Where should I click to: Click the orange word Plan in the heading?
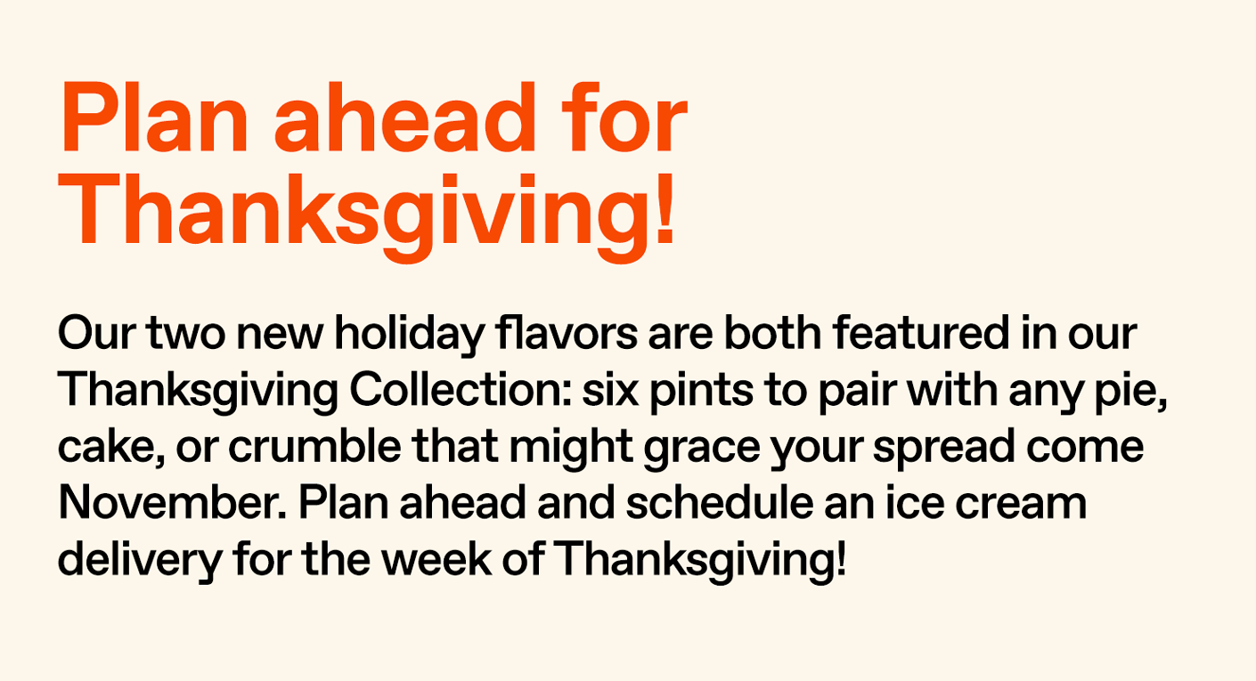click(154, 120)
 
